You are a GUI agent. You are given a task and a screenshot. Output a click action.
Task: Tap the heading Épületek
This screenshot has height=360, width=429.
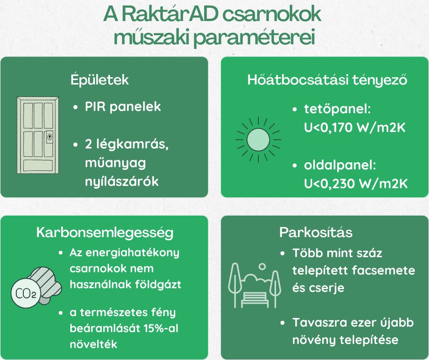pos(99,80)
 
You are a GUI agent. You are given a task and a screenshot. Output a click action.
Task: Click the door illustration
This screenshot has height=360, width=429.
pos(38,135)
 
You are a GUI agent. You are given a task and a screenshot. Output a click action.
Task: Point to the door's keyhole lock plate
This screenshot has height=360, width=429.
pos(50,137)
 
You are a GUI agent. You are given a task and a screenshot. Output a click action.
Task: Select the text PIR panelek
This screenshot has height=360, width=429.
pos(123,106)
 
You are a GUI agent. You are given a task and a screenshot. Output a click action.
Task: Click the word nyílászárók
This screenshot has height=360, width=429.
pos(122,182)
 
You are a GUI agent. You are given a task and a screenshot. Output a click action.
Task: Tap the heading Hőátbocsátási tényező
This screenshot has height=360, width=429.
pos(327,80)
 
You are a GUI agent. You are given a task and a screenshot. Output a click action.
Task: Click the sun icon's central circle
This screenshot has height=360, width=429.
pos(258,140)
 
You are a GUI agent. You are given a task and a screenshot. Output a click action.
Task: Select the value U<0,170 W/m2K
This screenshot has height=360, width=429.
pos(355,127)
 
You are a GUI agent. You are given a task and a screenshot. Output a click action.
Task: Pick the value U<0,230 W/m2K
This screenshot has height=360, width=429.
pos(356,184)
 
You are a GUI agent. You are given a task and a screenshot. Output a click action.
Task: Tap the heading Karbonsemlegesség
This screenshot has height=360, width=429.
pos(105,233)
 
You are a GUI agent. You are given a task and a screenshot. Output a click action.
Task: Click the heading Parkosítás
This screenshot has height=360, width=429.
pos(316,233)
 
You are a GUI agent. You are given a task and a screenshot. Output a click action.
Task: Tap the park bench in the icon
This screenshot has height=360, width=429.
pos(255,299)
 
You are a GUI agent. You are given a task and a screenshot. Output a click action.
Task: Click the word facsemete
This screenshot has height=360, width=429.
pos(383,270)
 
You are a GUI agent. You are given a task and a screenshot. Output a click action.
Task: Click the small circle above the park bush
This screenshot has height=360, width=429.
pos(262,267)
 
